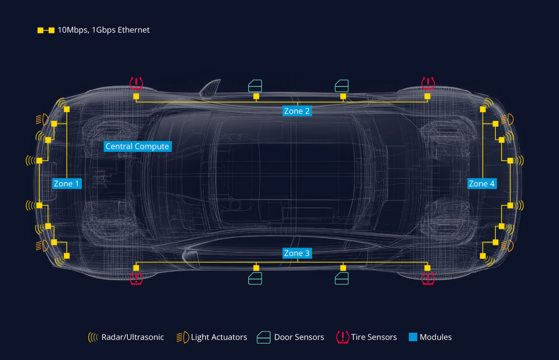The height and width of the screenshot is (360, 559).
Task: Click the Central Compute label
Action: (x=137, y=146)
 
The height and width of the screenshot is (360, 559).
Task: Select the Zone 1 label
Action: (x=66, y=183)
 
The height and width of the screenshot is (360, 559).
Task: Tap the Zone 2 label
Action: (x=297, y=111)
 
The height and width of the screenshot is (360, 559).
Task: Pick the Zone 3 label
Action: (x=297, y=253)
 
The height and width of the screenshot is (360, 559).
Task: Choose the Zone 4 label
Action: (x=481, y=183)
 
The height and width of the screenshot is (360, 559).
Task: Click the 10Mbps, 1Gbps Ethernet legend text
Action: (x=104, y=30)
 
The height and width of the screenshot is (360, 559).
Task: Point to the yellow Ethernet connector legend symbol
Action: (x=46, y=30)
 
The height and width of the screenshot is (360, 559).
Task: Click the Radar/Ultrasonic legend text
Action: (x=133, y=337)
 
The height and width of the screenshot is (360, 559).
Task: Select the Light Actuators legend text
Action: (x=219, y=337)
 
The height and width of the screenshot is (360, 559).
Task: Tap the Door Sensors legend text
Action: (x=299, y=337)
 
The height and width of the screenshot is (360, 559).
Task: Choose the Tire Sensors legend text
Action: (x=374, y=337)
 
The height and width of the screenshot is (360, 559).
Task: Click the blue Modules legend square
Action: (x=413, y=337)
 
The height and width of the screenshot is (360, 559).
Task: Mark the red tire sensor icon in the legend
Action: (x=342, y=337)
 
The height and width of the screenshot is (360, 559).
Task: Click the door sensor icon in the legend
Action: (x=263, y=337)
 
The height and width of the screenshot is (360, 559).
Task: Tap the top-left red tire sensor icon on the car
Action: (x=136, y=83)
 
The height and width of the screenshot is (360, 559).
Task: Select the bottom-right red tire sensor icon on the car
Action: (x=428, y=278)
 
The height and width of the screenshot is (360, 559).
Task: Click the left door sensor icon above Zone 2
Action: (x=255, y=86)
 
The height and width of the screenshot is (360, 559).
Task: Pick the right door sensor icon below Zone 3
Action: (x=342, y=278)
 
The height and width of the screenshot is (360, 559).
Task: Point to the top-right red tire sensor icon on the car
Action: (x=428, y=83)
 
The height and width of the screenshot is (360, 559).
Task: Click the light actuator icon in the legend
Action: (x=183, y=337)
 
